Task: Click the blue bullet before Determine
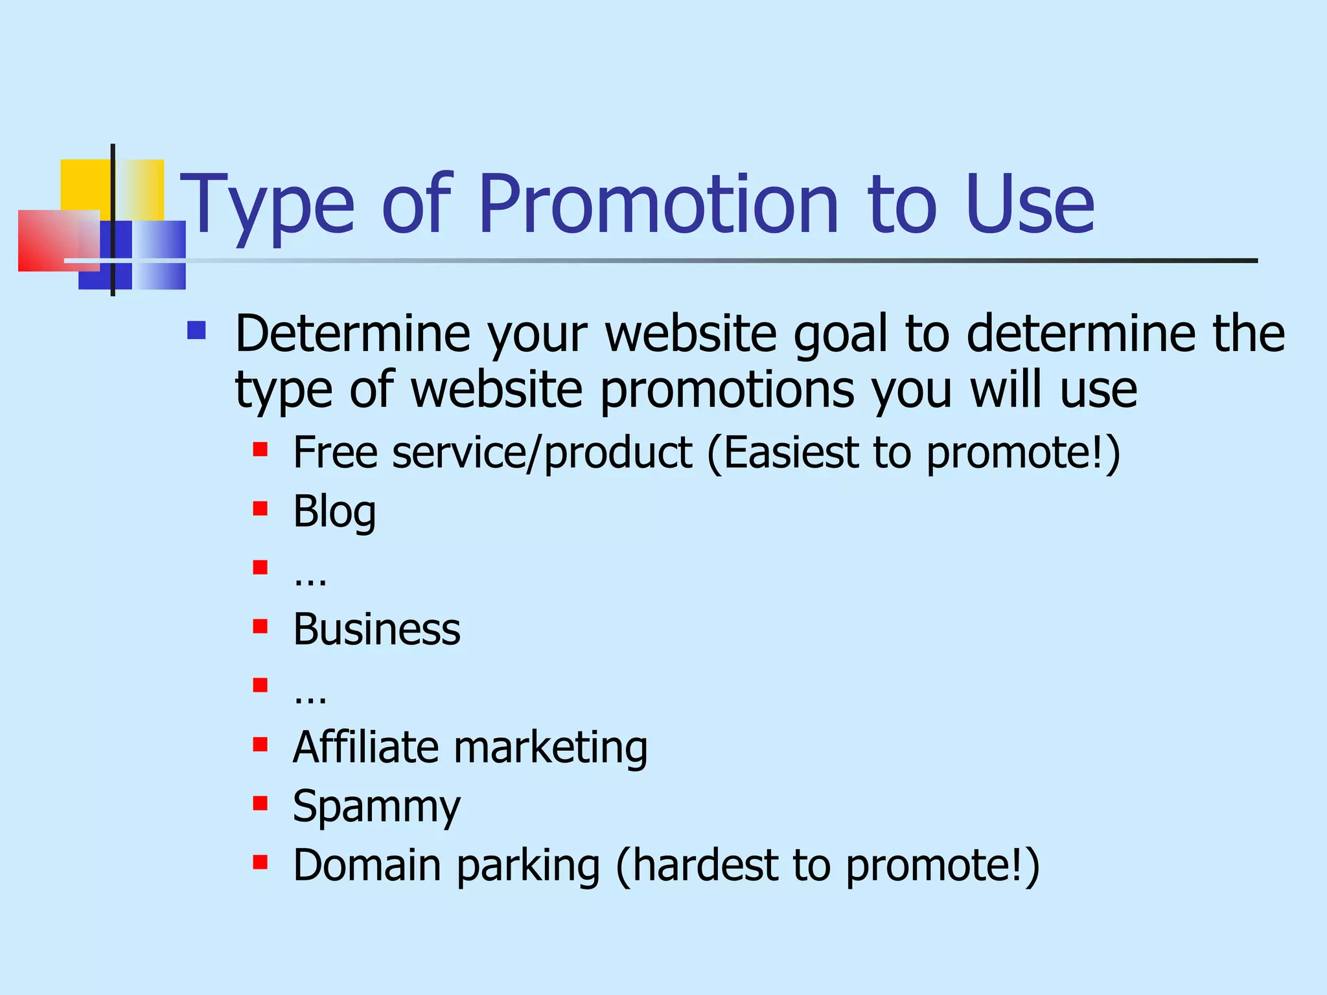196,331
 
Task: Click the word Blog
334,512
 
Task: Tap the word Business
376,629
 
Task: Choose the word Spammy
376,807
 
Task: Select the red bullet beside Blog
260,509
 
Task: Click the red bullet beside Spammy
260,804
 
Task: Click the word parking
527,866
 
